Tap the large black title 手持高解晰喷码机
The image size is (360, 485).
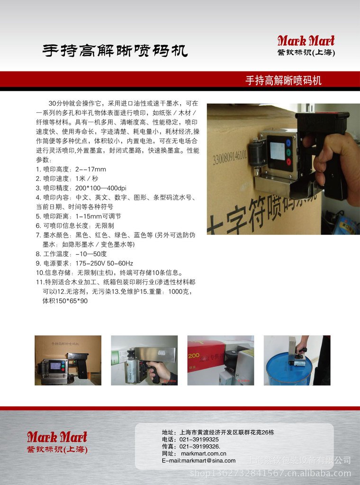tap(115, 51)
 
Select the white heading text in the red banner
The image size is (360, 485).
tap(283, 81)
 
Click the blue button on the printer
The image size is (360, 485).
tap(288, 143)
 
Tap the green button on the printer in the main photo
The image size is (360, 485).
tap(288, 152)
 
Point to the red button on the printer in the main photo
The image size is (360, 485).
tap(288, 162)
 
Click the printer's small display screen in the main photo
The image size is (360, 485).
tap(277, 151)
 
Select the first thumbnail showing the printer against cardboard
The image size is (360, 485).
tap(68, 360)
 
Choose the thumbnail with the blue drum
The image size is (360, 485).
tap(297, 360)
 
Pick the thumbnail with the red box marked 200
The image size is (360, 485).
tap(221, 360)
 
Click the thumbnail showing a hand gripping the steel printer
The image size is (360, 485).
tap(144, 360)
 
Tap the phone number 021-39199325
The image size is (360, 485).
tap(199, 440)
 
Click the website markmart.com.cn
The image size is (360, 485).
tap(204, 454)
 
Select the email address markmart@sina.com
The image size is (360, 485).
tap(208, 460)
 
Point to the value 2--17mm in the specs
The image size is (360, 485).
tap(90, 169)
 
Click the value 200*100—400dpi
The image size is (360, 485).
tap(101, 188)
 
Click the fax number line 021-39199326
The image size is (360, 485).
tap(200, 447)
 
